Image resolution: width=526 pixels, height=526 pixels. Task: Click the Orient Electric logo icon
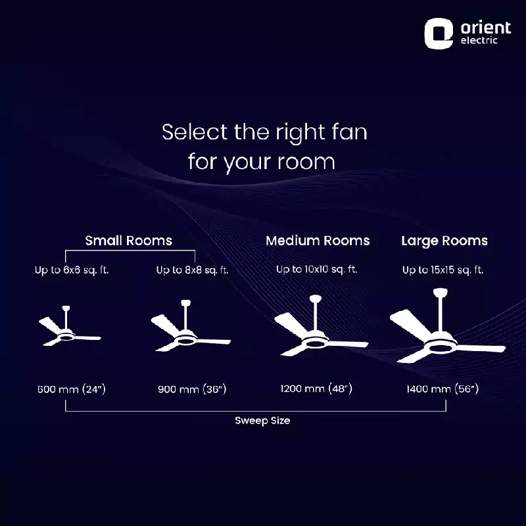pyautogui.click(x=439, y=34)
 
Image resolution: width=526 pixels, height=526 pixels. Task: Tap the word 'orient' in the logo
pyautogui.click(x=486, y=28)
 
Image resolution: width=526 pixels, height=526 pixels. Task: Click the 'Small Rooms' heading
pyautogui.click(x=129, y=241)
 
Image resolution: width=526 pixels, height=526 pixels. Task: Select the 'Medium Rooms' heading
pyautogui.click(x=318, y=241)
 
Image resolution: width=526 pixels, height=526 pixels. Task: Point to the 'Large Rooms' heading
pyautogui.click(x=444, y=241)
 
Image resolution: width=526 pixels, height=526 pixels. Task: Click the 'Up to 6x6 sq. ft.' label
pyautogui.click(x=72, y=270)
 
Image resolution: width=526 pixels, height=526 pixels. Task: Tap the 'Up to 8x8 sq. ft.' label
pyautogui.click(x=192, y=270)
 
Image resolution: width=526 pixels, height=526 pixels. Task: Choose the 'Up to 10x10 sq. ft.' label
pyautogui.click(x=317, y=270)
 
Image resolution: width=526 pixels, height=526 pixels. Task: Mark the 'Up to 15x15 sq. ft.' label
pyautogui.click(x=442, y=270)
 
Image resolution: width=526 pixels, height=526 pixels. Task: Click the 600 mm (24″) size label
pyautogui.click(x=72, y=389)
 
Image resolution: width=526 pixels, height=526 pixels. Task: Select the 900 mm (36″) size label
pyautogui.click(x=192, y=389)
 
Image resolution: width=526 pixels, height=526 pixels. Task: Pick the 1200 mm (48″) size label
pyautogui.click(x=316, y=389)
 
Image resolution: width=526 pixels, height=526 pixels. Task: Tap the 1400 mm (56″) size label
pyautogui.click(x=442, y=389)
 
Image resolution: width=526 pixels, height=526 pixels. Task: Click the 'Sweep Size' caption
pyautogui.click(x=262, y=420)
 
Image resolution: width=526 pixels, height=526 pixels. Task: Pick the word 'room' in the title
pyautogui.click(x=306, y=162)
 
